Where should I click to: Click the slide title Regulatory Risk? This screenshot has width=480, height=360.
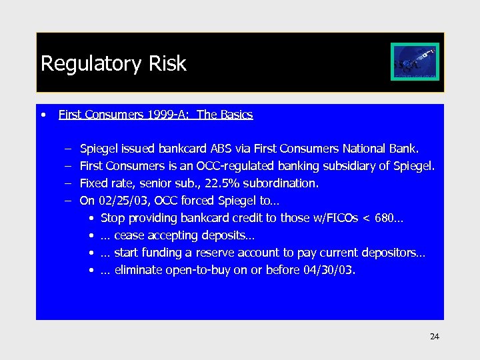coord(113,63)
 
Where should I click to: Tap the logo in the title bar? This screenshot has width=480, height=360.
coord(414,63)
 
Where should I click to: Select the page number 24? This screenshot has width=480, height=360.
coord(435,337)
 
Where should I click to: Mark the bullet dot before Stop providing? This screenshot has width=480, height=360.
coord(91,219)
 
